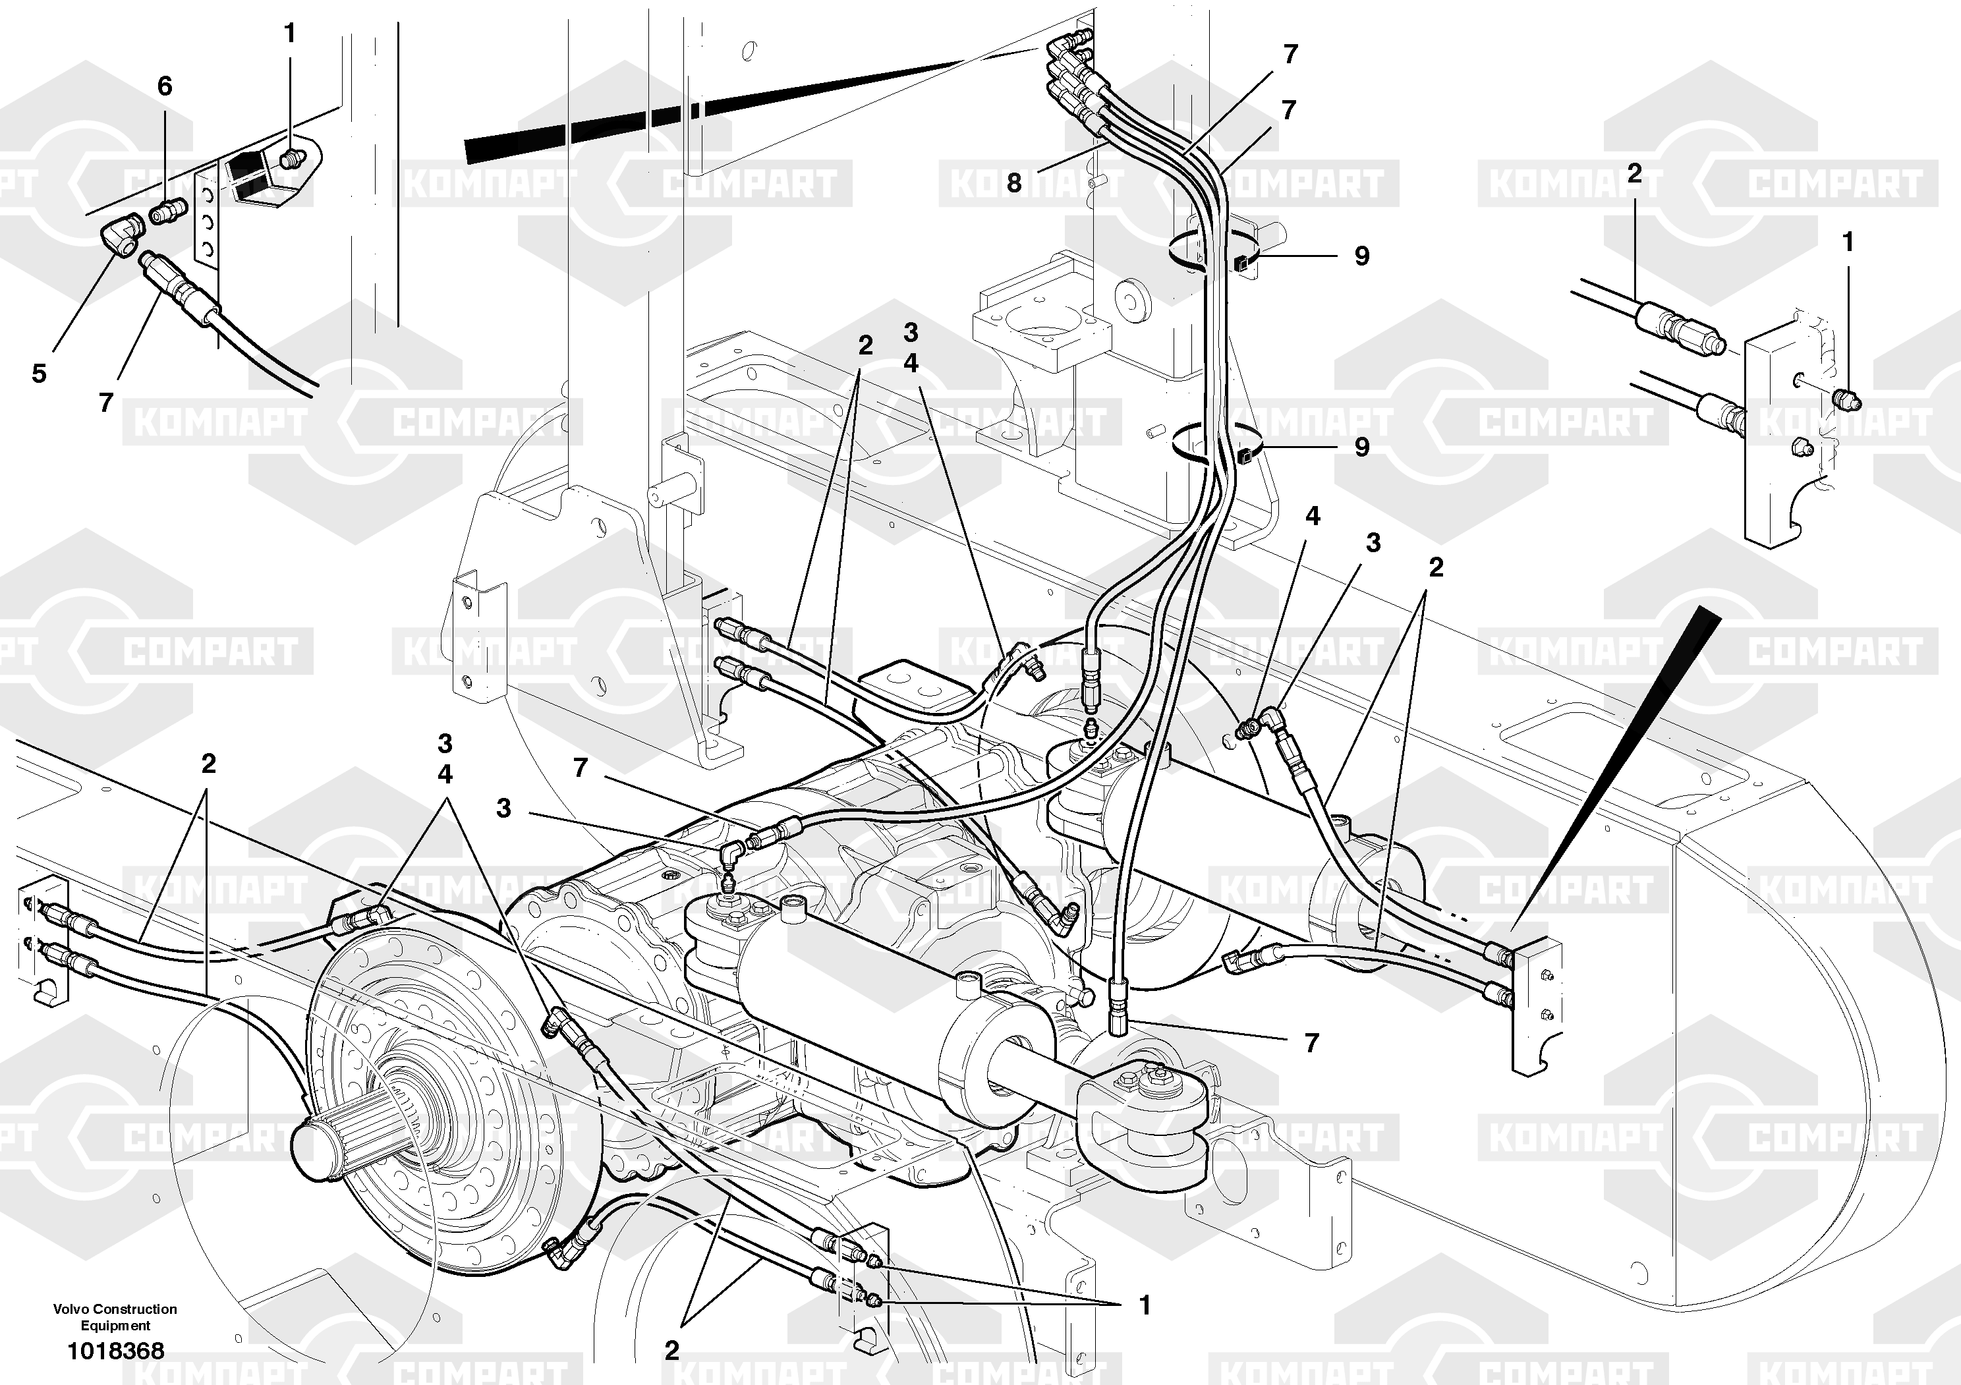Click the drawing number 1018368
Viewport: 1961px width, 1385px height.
[x=115, y=1351]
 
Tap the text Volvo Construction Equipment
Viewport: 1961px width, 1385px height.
[x=115, y=1316]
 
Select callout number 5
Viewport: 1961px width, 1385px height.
[x=40, y=373]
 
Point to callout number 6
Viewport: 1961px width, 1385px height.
[x=165, y=86]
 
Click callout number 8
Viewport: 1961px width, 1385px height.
[x=1014, y=183]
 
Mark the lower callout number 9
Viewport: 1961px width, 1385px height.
[x=1361, y=447]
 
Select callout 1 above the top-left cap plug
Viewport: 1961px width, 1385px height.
[x=289, y=34]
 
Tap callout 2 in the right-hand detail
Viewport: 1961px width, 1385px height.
[x=1634, y=173]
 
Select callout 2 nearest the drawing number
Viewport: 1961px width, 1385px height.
[x=672, y=1350]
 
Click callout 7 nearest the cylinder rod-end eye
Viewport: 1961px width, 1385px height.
[x=1312, y=1042]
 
